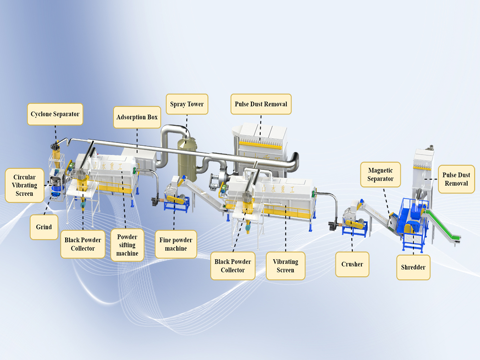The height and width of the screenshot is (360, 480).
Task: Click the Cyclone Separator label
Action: click(x=55, y=114)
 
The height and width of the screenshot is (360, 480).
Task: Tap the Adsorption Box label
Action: click(x=137, y=117)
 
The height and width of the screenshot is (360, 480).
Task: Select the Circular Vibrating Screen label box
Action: click(x=24, y=185)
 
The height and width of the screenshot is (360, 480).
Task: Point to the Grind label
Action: click(x=44, y=227)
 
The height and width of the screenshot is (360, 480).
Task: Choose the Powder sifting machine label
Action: click(x=127, y=245)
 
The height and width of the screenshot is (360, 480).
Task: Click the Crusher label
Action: click(x=352, y=264)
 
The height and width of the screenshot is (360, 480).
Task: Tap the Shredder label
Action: click(x=413, y=267)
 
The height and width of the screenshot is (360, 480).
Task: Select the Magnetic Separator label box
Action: click(x=381, y=175)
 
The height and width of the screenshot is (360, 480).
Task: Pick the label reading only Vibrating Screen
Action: click(x=286, y=266)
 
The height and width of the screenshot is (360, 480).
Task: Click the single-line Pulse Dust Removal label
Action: click(x=261, y=104)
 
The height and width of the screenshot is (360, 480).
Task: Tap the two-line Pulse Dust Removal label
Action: click(x=456, y=179)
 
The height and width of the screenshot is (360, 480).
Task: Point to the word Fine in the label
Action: click(x=165, y=240)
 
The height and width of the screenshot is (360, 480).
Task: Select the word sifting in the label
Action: click(x=127, y=245)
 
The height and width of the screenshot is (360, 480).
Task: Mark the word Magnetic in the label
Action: click(x=381, y=170)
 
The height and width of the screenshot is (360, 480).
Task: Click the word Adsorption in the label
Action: click(x=132, y=117)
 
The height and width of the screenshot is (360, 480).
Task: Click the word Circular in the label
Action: click(x=24, y=177)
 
